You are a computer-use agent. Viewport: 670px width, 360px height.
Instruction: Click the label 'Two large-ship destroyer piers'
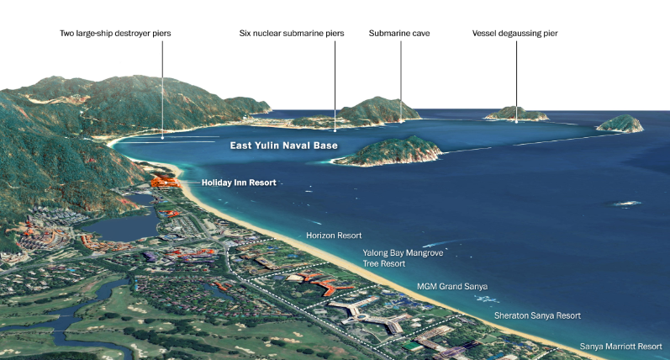pyautogui.click(x=121, y=34)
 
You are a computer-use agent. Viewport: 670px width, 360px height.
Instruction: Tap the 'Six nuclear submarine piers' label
pyautogui.click(x=292, y=34)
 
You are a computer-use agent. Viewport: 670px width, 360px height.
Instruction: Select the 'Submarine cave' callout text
pyautogui.click(x=400, y=34)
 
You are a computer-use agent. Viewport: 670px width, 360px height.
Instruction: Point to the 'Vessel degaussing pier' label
pyautogui.click(x=515, y=34)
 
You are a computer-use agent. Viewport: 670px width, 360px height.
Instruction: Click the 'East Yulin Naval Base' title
pyautogui.click(x=284, y=146)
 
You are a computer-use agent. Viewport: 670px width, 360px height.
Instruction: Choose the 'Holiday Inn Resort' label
pyautogui.click(x=239, y=183)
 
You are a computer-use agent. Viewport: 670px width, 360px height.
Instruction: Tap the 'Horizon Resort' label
pyautogui.click(x=334, y=236)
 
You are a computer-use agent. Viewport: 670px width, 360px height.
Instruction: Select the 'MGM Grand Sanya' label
pyautogui.click(x=452, y=287)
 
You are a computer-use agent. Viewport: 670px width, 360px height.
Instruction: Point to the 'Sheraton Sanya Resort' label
pyautogui.click(x=536, y=315)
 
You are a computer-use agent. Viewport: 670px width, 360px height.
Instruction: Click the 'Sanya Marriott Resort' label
pyautogui.click(x=621, y=346)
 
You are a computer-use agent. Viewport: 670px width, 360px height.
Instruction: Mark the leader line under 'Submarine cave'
pyautogui.click(x=400, y=80)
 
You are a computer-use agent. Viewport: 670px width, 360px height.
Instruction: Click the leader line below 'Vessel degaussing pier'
pyautogui.click(x=515, y=80)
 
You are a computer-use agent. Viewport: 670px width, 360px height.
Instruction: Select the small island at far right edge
pyautogui.click(x=620, y=124)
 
